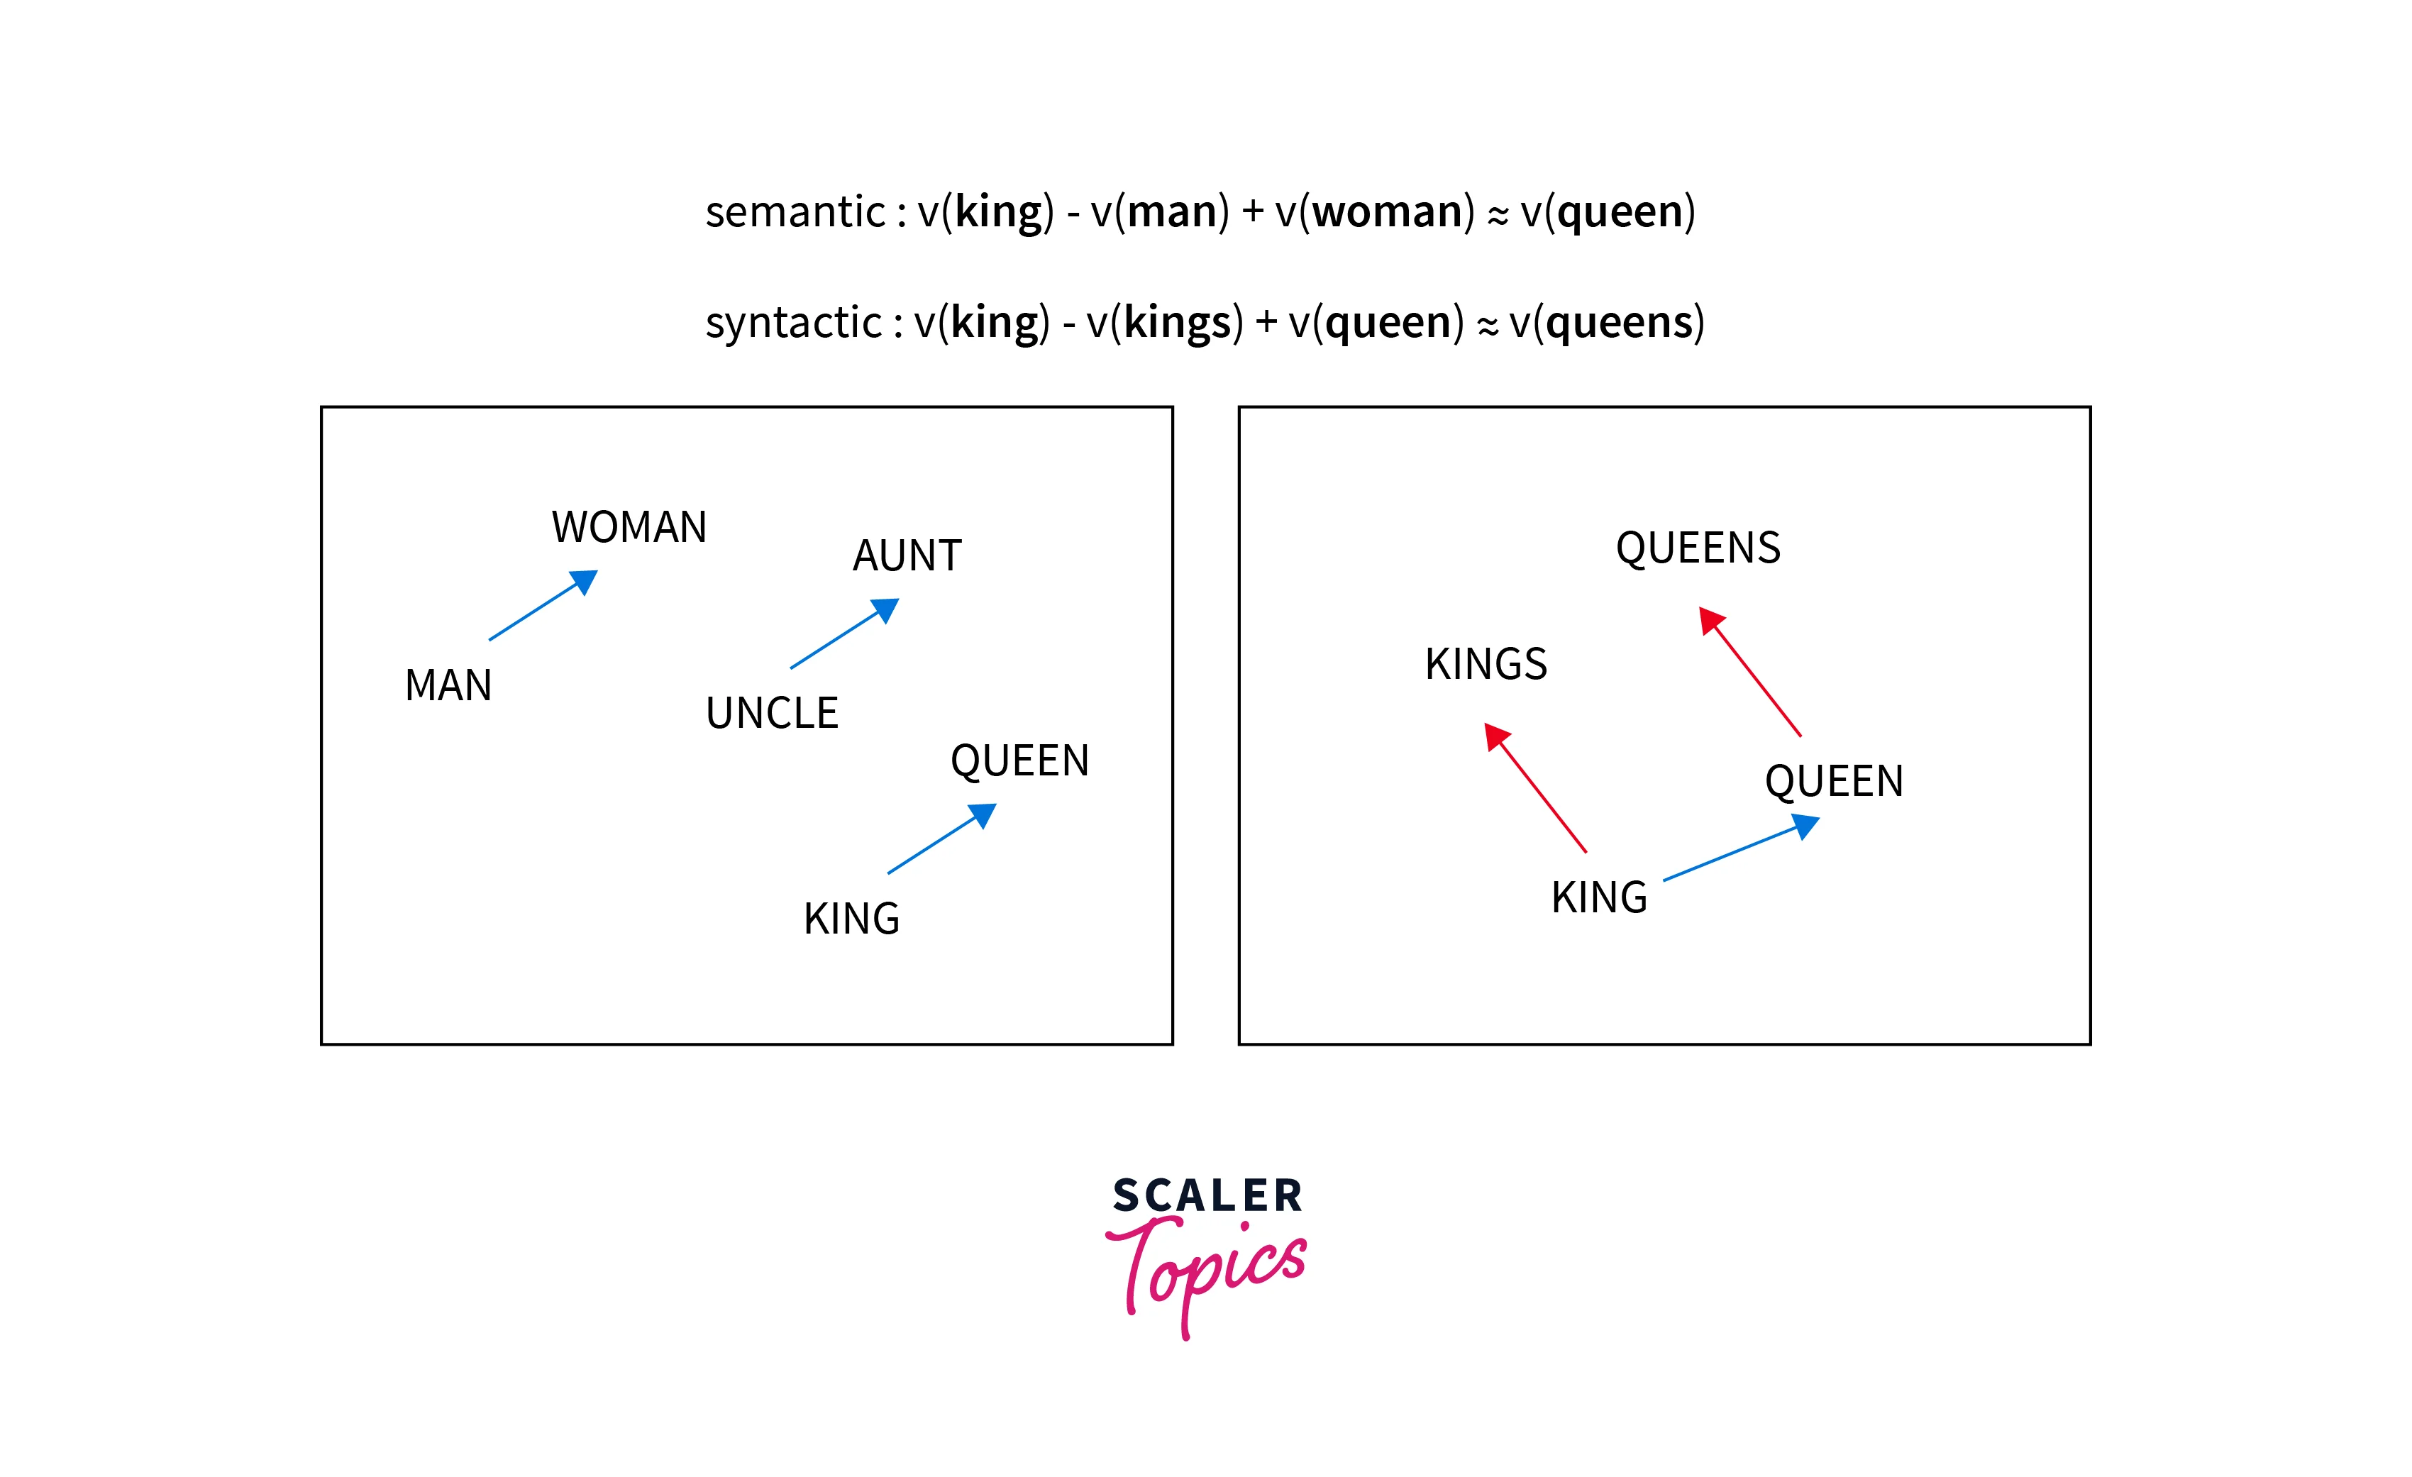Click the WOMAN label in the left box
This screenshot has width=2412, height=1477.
tap(629, 528)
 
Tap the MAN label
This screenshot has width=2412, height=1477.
tap(448, 685)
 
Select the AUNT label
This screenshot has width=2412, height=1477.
tap(907, 556)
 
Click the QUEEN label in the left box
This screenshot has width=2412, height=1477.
tap(1019, 761)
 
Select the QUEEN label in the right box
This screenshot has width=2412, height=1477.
tap(1833, 782)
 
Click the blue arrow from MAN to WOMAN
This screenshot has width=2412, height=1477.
tap(542, 606)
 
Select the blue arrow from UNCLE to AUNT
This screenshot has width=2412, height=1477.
tap(843, 634)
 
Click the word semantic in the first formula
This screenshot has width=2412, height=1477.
tap(795, 212)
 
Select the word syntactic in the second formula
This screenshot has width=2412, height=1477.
tap(794, 323)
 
